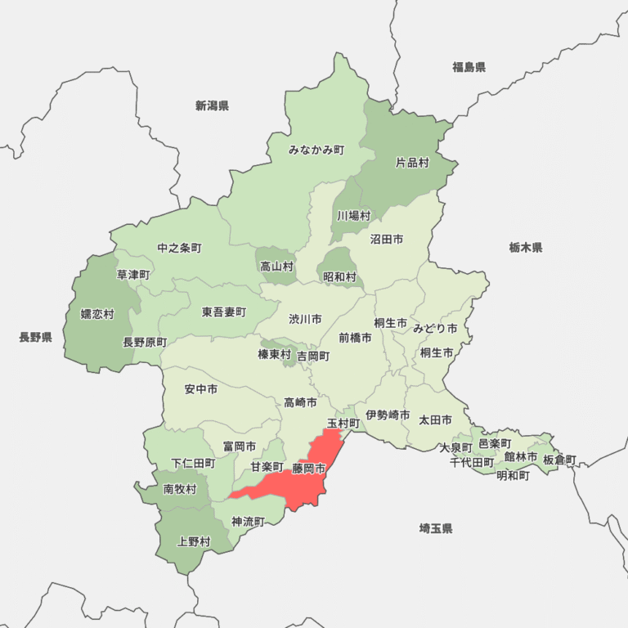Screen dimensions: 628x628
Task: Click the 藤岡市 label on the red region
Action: (x=308, y=469)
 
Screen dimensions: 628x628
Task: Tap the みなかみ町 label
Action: (x=316, y=150)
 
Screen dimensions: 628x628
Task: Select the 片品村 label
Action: (x=412, y=163)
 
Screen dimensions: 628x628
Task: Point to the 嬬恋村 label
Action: (x=97, y=314)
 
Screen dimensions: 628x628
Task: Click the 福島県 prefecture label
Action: (x=469, y=67)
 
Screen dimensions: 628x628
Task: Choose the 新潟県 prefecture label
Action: (x=212, y=105)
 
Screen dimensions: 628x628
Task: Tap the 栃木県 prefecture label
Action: (x=525, y=247)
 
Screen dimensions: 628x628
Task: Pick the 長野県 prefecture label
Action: (x=36, y=337)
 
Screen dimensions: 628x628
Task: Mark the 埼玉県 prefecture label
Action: (x=436, y=528)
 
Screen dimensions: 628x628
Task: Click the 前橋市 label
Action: (x=355, y=337)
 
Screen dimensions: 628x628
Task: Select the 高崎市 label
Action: (x=300, y=402)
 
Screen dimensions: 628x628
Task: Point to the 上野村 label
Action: (x=194, y=541)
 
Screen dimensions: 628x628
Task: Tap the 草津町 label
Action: (x=133, y=275)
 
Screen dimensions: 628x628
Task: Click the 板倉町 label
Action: (x=559, y=460)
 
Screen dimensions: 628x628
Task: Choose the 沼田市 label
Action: (x=386, y=240)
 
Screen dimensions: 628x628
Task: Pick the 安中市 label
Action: (x=201, y=389)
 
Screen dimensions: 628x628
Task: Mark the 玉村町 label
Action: (x=343, y=423)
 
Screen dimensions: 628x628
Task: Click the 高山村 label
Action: (x=276, y=266)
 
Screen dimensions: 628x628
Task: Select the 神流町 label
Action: (x=248, y=521)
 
